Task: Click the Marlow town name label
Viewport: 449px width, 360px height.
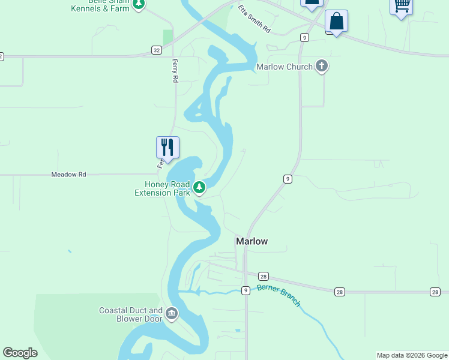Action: [x=252, y=241]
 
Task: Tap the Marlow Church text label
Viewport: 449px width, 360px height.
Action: [x=285, y=67]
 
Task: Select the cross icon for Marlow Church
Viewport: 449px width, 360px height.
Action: [x=322, y=66]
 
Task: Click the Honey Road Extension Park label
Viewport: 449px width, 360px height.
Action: [x=162, y=188]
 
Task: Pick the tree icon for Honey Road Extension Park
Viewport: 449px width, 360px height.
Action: [x=199, y=188]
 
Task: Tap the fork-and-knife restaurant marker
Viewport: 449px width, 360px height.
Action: [x=167, y=148]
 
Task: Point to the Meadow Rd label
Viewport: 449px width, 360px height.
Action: [x=69, y=175]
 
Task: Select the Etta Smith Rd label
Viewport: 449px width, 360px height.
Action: [x=255, y=19]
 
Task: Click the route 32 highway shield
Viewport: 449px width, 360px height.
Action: [x=156, y=50]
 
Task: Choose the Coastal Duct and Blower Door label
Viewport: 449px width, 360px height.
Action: [x=131, y=314]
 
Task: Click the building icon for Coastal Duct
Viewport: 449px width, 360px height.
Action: [x=172, y=314]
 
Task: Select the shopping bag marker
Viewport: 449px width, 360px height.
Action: [x=336, y=22]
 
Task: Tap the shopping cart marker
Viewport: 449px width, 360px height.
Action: [x=401, y=6]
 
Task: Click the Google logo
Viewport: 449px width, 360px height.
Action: [x=20, y=353]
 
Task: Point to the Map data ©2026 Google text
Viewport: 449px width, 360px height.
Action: [x=412, y=355]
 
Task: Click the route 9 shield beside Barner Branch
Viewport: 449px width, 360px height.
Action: [x=246, y=291]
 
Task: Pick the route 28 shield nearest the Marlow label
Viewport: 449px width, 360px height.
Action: [x=264, y=277]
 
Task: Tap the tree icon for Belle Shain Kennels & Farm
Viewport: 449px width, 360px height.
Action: [x=139, y=4]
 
